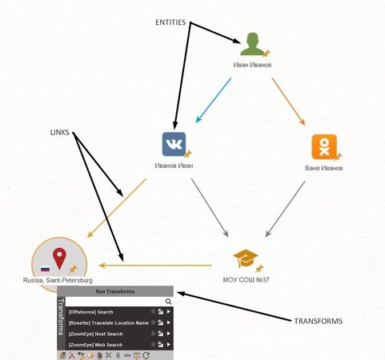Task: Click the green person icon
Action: (252, 44)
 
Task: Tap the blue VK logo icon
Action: (174, 144)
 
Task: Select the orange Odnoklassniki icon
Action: (324, 146)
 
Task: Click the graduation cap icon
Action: (246, 258)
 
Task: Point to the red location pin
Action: (59, 258)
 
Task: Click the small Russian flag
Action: (45, 269)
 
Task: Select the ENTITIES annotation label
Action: (170, 22)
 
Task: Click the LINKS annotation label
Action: (60, 132)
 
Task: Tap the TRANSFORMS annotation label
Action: (319, 321)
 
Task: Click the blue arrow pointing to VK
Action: (214, 100)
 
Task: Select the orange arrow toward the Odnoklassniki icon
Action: (288, 102)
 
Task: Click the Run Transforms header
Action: (115, 291)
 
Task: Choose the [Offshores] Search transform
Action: (90, 312)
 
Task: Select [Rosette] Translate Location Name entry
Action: (109, 323)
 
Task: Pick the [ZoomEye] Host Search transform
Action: (95, 334)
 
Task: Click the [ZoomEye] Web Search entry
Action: (95, 345)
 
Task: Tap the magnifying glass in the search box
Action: (168, 302)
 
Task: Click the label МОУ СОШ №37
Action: (246, 280)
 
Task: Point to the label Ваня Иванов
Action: (324, 168)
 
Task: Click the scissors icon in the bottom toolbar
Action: (108, 355)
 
